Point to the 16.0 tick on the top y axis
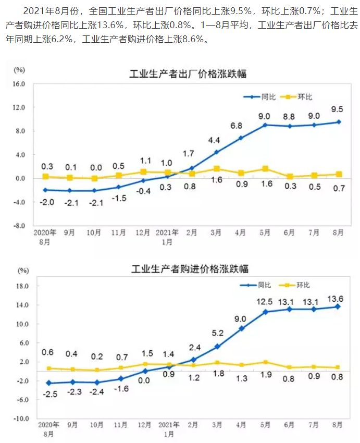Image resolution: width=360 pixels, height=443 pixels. pyautogui.click(x=19, y=83)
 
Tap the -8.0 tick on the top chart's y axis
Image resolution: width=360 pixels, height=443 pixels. pyautogui.click(x=19, y=226)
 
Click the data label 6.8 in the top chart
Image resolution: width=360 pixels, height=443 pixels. pyautogui.click(x=237, y=126)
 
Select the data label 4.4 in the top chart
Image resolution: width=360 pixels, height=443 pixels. pyautogui.click(x=214, y=140)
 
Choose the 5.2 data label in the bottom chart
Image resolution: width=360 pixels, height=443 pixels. pyautogui.click(x=218, y=333)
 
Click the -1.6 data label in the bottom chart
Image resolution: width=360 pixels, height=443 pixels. pyautogui.click(x=121, y=389)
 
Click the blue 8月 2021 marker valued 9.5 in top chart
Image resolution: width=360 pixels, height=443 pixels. pyautogui.click(x=339, y=122)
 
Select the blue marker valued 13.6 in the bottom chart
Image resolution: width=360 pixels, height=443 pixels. pyautogui.click(x=338, y=306)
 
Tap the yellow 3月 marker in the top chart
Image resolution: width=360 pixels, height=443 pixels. pyautogui.click(x=217, y=169)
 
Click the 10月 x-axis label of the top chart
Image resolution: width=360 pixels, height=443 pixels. pyautogui.click(x=94, y=233)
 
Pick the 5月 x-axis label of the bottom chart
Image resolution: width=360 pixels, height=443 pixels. pyautogui.click(x=266, y=425)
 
